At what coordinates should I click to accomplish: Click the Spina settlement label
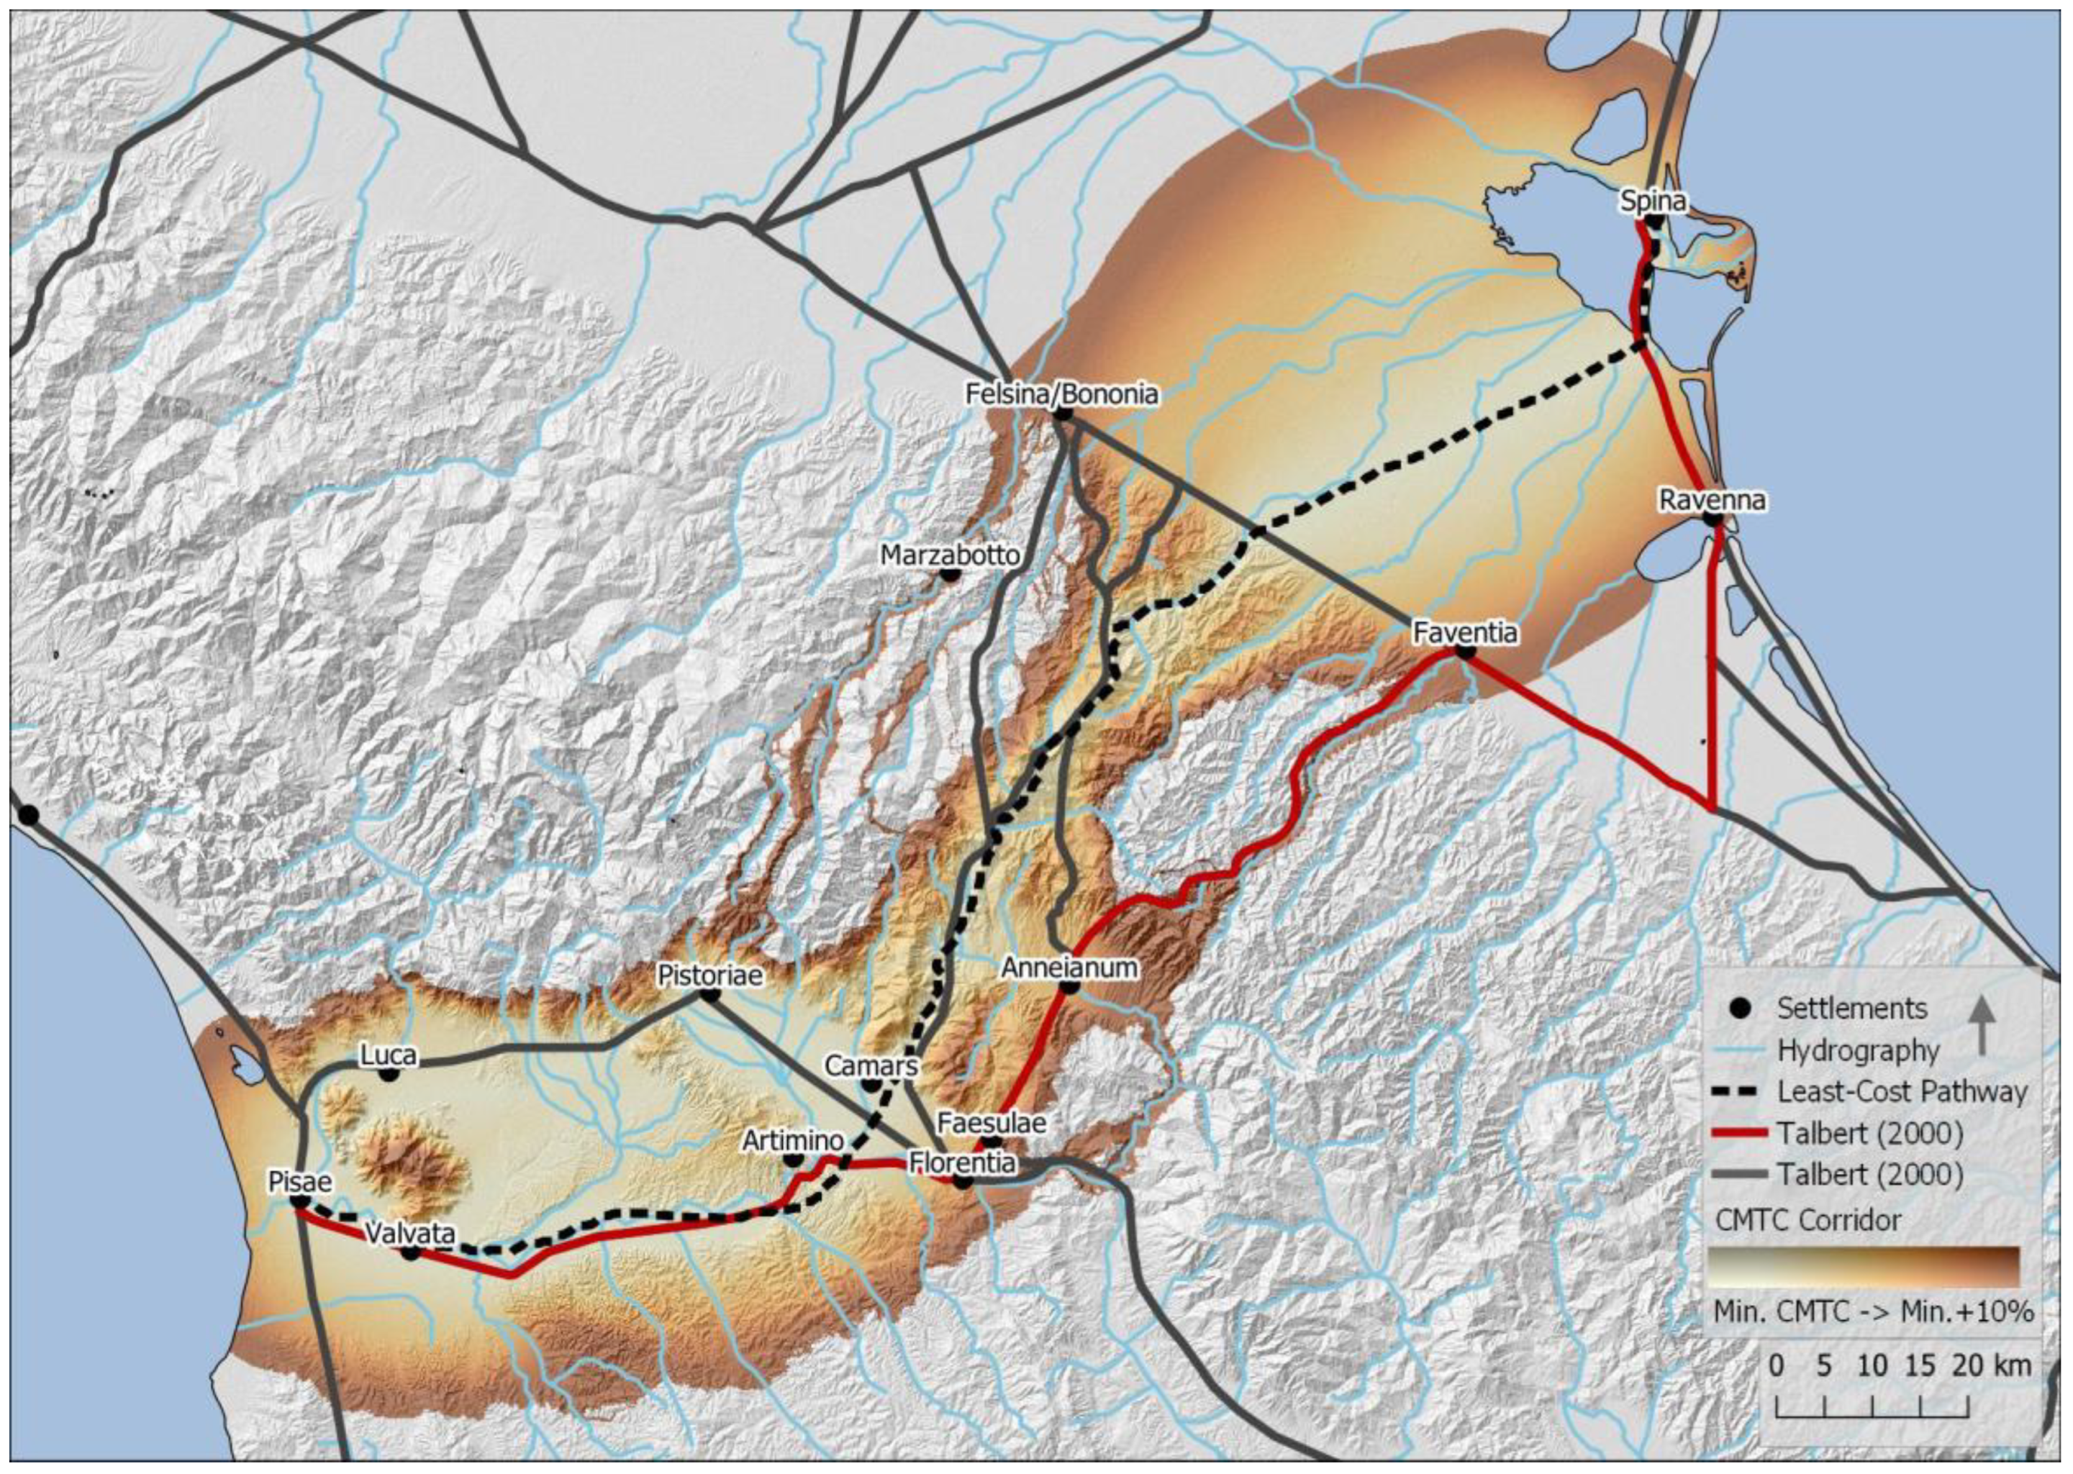point(1653,201)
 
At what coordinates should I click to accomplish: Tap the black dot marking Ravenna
point(1713,520)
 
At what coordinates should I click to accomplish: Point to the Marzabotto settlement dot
point(949,573)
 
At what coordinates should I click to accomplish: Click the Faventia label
point(1465,632)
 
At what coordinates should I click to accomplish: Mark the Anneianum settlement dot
point(1069,986)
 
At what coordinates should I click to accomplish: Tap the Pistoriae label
point(709,975)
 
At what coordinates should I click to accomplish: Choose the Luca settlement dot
point(389,1074)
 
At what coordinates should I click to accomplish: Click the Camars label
point(871,1065)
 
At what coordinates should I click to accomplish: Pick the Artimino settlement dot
point(792,1159)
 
